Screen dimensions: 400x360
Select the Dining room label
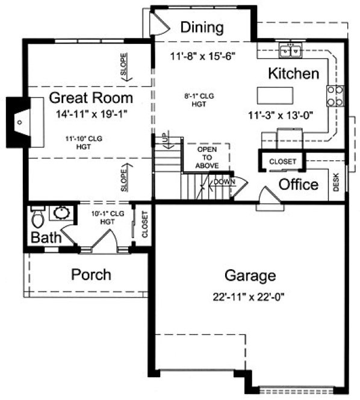pos(202,27)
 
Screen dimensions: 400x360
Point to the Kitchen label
pos(293,74)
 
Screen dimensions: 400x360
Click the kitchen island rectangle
pos(275,96)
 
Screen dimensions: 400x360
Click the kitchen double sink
pos(291,51)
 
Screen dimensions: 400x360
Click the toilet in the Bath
pos(37,216)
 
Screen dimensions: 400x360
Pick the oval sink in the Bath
pos(60,214)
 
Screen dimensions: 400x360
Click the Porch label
pos(91,275)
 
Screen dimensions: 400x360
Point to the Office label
pos(299,184)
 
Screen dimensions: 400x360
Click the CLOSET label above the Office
pos(282,161)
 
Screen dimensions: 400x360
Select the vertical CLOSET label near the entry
pos(144,225)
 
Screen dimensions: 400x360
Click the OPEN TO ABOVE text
pos(206,157)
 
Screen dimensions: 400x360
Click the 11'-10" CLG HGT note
pos(84,142)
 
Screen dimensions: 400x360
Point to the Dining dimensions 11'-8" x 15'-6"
pos(202,55)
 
